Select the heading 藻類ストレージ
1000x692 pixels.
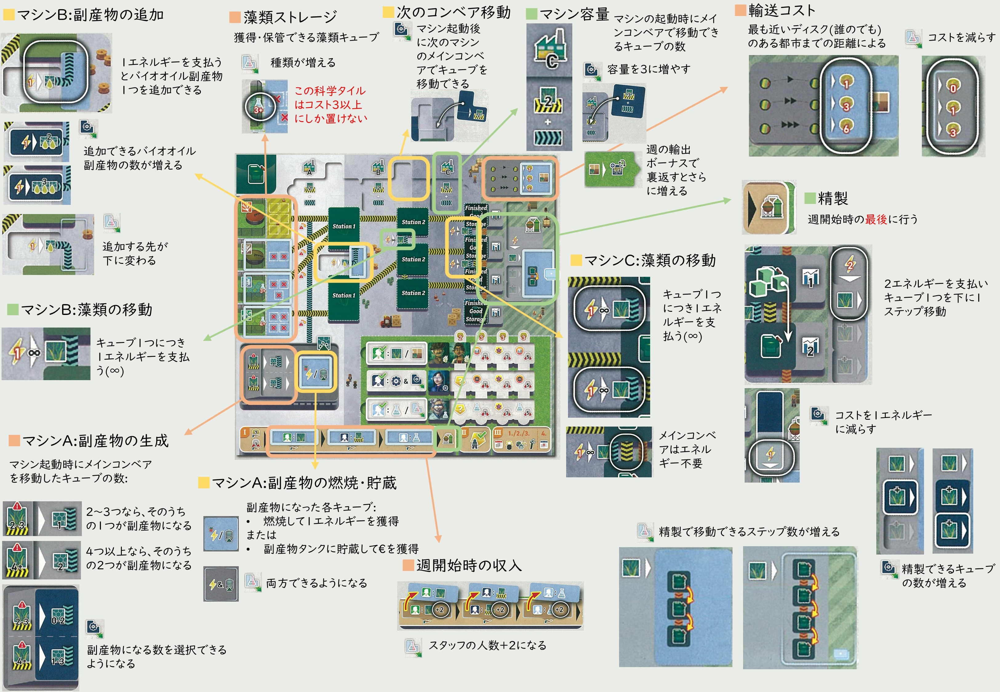[x=290, y=17]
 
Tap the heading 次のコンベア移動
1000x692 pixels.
[x=454, y=12]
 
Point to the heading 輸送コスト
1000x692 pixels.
[x=782, y=10]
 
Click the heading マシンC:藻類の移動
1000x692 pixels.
[x=650, y=260]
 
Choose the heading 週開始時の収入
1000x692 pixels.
[x=469, y=565]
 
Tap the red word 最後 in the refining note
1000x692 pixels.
[x=876, y=219]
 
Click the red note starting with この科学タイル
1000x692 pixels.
[x=330, y=105]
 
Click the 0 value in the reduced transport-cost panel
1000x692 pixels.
[x=953, y=89]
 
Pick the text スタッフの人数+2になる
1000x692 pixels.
[x=487, y=645]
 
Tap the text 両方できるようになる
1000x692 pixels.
[x=317, y=583]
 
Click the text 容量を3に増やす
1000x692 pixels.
[x=649, y=69]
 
